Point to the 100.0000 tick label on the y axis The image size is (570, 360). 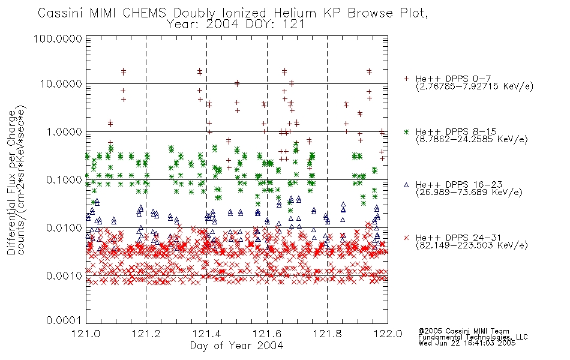pyautogui.click(x=58, y=38)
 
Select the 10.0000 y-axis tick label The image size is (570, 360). pyautogui.click(x=61, y=84)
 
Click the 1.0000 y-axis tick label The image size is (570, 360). pyautogui.click(x=64, y=131)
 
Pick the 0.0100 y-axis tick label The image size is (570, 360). pyautogui.click(x=64, y=228)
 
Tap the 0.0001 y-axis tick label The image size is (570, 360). pyautogui.click(x=64, y=320)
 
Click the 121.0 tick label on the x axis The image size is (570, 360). pyautogui.click(x=86, y=334)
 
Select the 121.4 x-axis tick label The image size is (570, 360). pyautogui.click(x=207, y=334)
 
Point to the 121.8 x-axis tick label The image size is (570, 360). pyautogui.click(x=328, y=334)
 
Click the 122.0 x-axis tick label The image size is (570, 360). pyautogui.click(x=388, y=334)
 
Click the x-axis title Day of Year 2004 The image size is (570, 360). pyautogui.click(x=236, y=346)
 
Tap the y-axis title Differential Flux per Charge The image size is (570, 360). pyautogui.click(x=11, y=182)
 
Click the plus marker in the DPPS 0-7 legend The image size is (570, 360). pyautogui.click(x=406, y=79)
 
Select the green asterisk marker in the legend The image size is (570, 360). pyautogui.click(x=406, y=131)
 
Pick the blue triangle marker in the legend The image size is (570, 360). pyautogui.click(x=406, y=185)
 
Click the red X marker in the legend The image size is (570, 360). pyautogui.click(x=406, y=238)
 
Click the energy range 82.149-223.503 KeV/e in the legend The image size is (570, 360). pyautogui.click(x=472, y=245)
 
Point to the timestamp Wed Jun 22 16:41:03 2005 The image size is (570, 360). pyautogui.click(x=467, y=343)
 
